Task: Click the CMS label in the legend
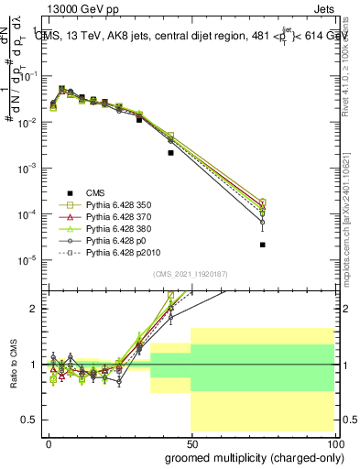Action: (95, 191)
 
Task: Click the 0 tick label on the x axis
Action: (49, 442)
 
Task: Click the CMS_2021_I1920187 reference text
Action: (191, 273)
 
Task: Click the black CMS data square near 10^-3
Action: (170, 153)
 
